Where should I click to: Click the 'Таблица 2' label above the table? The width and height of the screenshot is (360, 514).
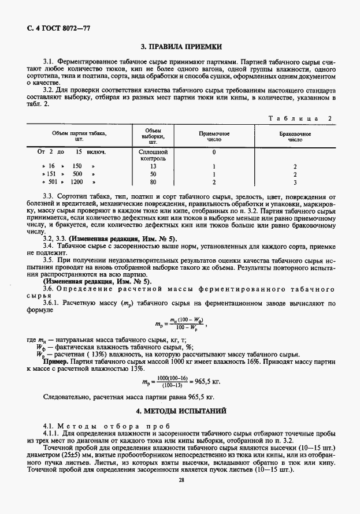[x=302, y=118]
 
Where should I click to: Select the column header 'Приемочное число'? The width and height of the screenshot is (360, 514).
[x=214, y=136]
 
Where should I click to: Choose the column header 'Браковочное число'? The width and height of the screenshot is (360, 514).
[x=295, y=136]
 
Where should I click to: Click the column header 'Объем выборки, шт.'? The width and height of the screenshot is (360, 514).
[x=153, y=136]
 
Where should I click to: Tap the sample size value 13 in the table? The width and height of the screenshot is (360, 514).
[x=153, y=166]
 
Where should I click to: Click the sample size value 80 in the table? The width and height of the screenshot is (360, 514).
[x=153, y=182]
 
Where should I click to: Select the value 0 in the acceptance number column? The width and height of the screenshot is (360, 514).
[x=214, y=152]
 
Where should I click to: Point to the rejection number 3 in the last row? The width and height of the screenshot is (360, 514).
[x=295, y=182]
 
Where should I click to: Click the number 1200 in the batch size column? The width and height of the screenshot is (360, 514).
[x=77, y=182]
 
